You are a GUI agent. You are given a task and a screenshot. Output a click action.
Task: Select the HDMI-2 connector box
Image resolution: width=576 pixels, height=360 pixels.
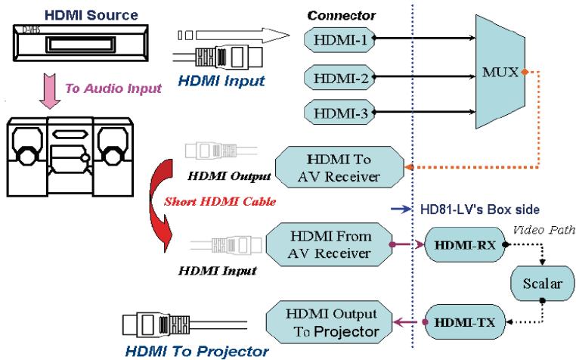click(336, 76)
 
